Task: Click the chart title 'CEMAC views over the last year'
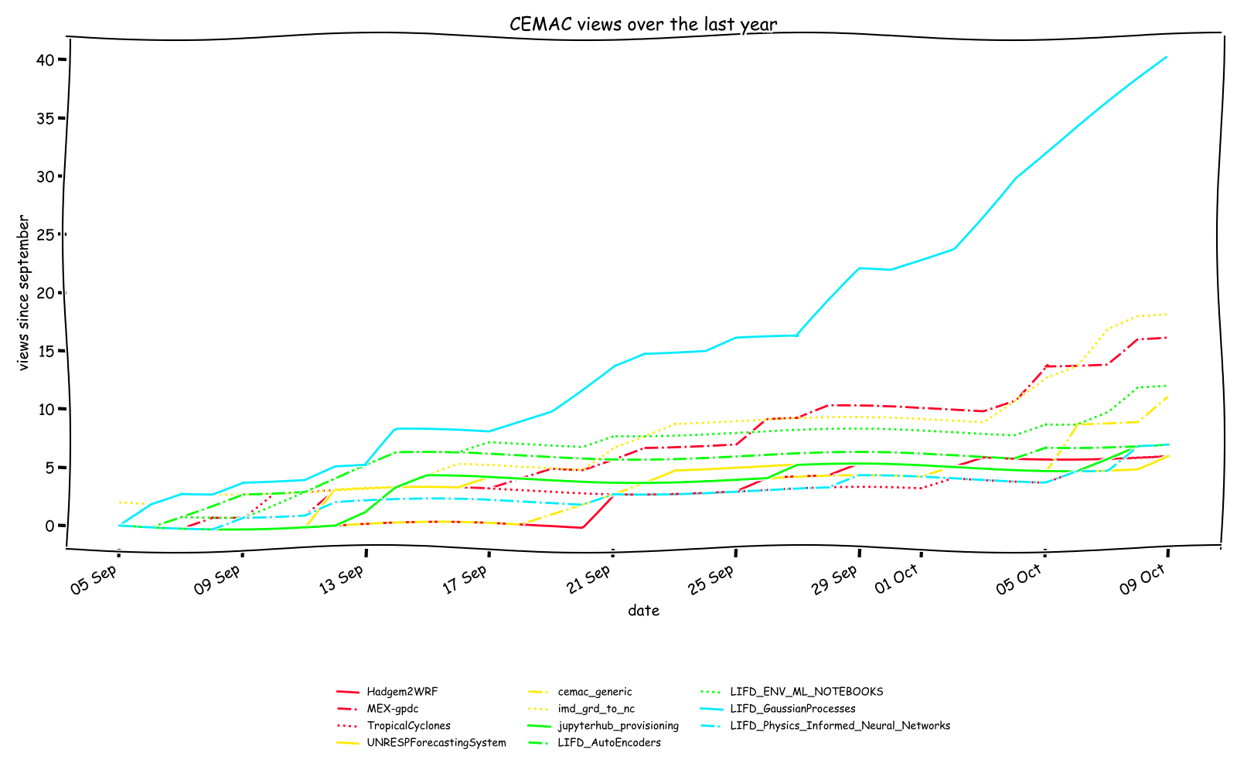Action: (643, 25)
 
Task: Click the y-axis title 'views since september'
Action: (24, 293)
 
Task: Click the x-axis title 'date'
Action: (643, 611)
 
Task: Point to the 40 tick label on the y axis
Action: (44, 60)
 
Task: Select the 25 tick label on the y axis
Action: (44, 234)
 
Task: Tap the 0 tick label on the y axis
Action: (49, 526)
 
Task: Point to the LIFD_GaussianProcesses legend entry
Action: (792, 709)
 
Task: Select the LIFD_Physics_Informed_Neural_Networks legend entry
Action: (840, 726)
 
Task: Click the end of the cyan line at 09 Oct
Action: (1167, 56)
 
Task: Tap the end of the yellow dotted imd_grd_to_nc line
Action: (1167, 314)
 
